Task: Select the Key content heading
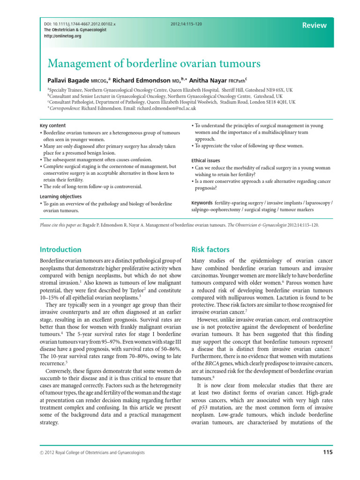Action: coord(53,126)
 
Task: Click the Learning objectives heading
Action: coord(60,196)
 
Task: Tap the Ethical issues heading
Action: coord(207,160)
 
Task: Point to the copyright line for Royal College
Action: coord(91,452)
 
